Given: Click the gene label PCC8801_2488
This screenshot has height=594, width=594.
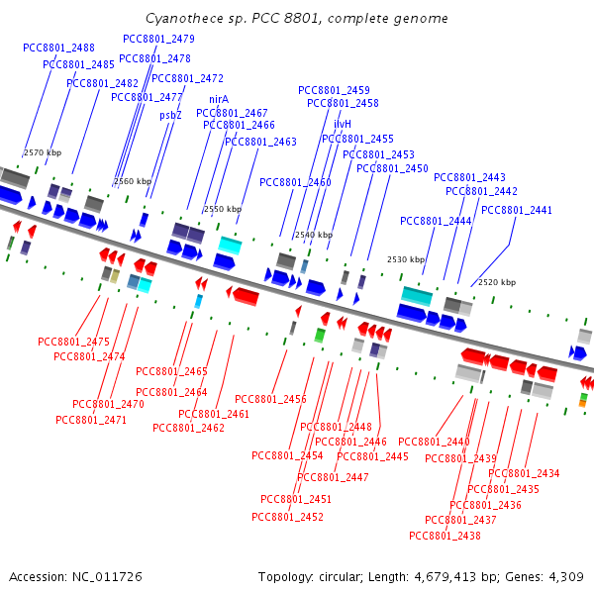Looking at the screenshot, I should tap(58, 48).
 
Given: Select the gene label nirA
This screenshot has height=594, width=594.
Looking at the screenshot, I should tap(219, 99).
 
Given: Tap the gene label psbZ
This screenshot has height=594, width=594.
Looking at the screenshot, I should tap(170, 115).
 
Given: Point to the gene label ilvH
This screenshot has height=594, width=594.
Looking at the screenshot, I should tap(343, 124).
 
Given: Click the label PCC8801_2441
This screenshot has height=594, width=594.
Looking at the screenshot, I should tap(516, 210).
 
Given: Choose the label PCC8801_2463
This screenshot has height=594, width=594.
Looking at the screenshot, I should tap(260, 142).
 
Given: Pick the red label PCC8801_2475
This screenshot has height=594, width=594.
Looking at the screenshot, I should tap(73, 342).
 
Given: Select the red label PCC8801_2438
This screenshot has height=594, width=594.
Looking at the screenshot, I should tap(445, 536).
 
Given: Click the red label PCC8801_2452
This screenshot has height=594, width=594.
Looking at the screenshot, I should tap(287, 517).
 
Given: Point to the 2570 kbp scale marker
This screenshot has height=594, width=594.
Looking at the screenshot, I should tap(43, 152).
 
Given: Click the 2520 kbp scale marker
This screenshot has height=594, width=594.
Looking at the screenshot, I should tap(497, 282).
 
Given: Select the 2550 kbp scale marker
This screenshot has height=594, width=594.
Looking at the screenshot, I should tap(223, 209).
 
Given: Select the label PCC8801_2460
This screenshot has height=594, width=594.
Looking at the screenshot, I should tap(295, 182).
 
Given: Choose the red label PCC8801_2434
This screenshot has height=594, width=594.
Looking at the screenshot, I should tap(524, 473).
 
